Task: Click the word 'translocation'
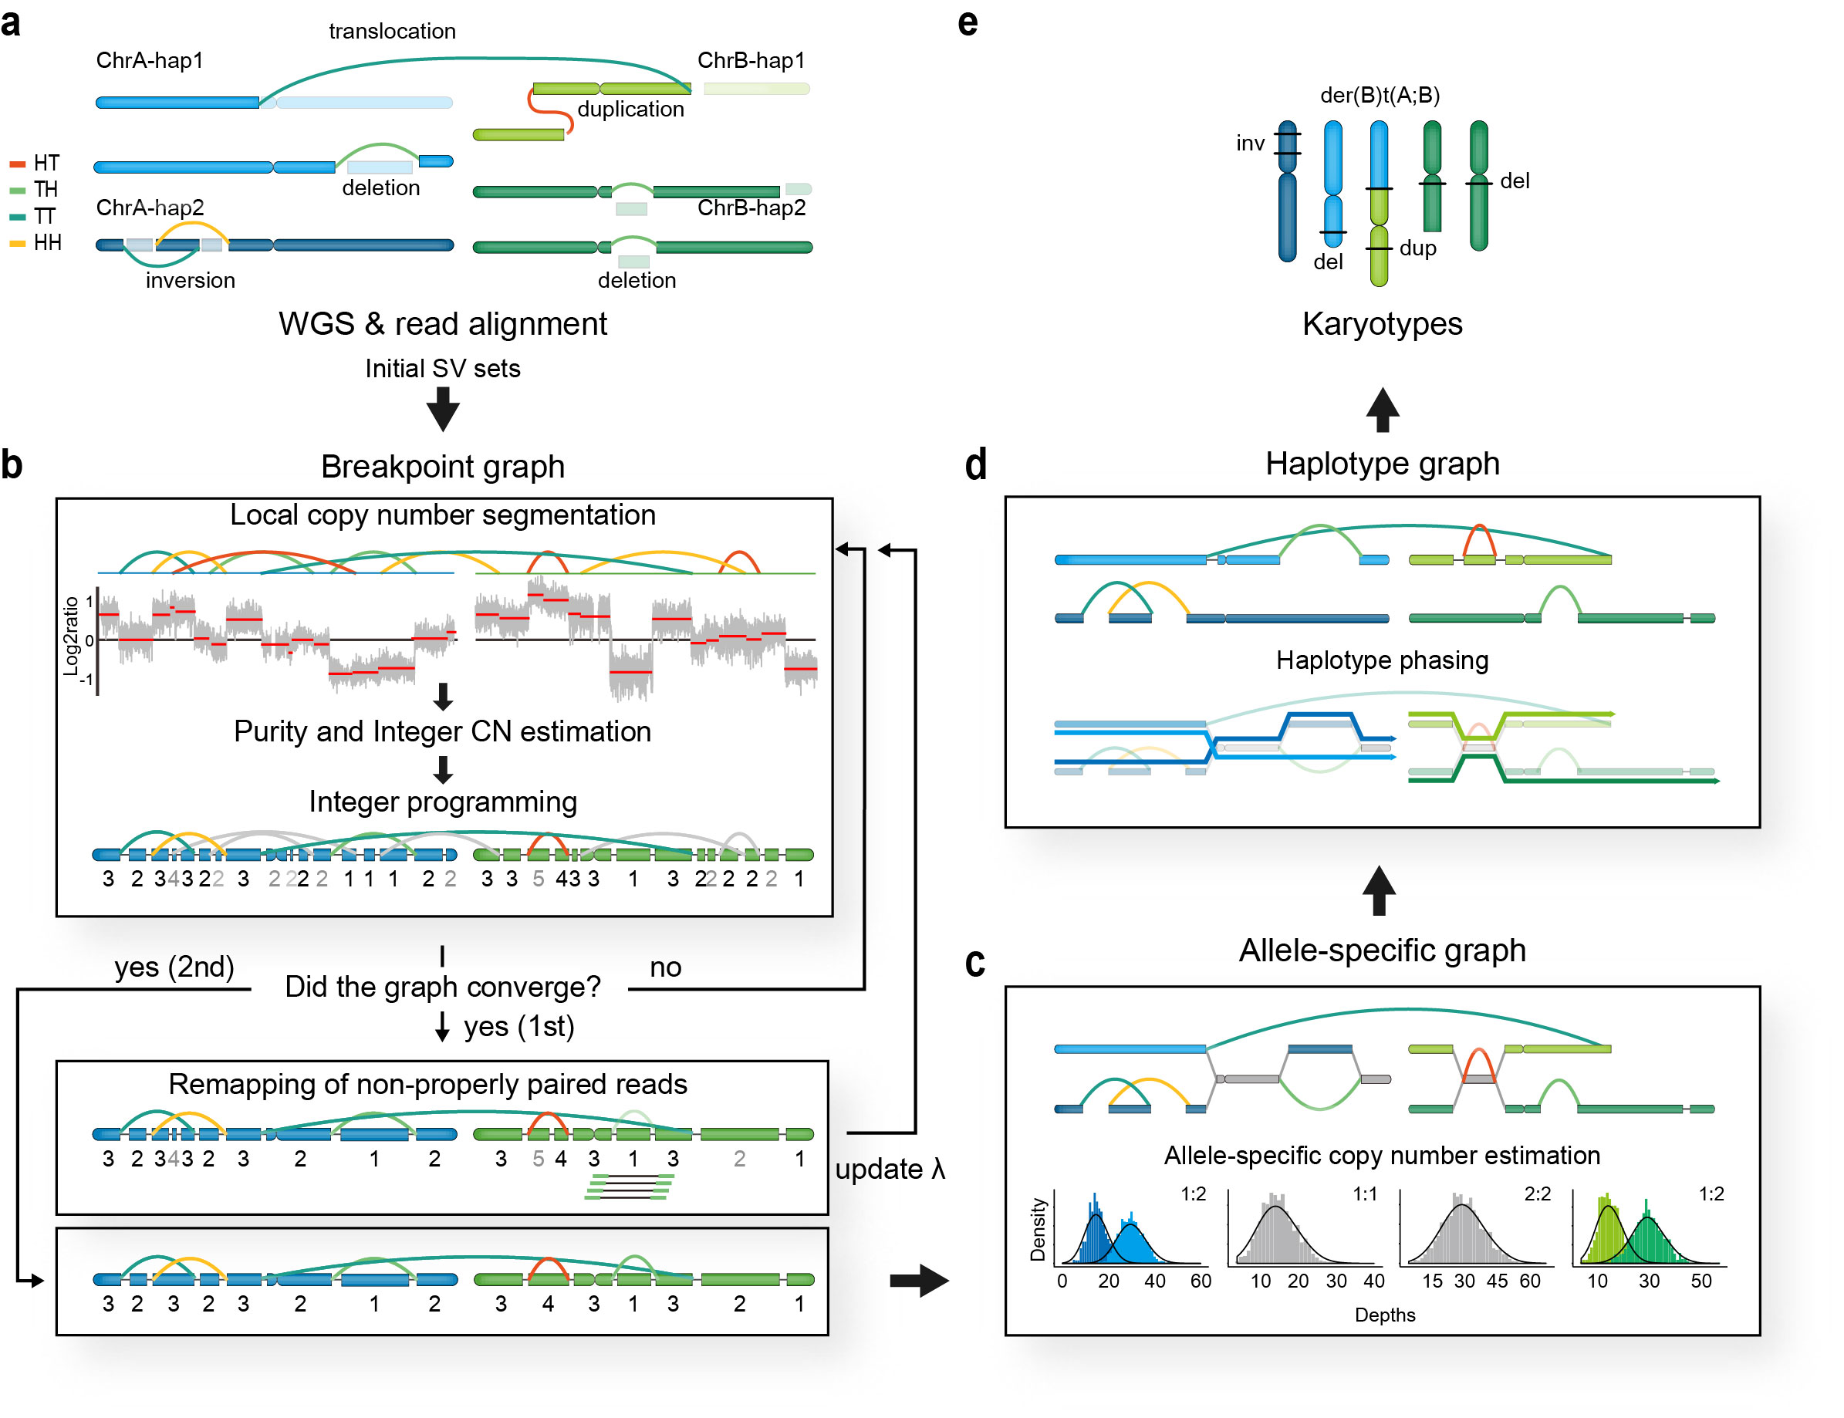[x=392, y=31]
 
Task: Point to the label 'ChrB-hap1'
[x=750, y=61]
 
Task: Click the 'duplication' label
[x=630, y=109]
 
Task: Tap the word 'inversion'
[x=190, y=280]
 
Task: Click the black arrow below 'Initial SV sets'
[x=442, y=410]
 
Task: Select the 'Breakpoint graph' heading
[x=442, y=466]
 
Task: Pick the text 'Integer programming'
[x=442, y=801]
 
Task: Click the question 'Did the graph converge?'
[x=442, y=986]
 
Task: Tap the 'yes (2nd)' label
[x=174, y=967]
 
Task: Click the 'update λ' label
[x=890, y=1169]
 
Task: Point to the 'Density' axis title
[x=1037, y=1230]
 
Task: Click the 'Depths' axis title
[x=1384, y=1314]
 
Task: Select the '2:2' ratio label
[x=1536, y=1193]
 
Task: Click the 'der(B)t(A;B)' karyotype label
[x=1379, y=96]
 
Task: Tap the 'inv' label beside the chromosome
[x=1250, y=143]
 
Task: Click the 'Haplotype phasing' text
[x=1382, y=660]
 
